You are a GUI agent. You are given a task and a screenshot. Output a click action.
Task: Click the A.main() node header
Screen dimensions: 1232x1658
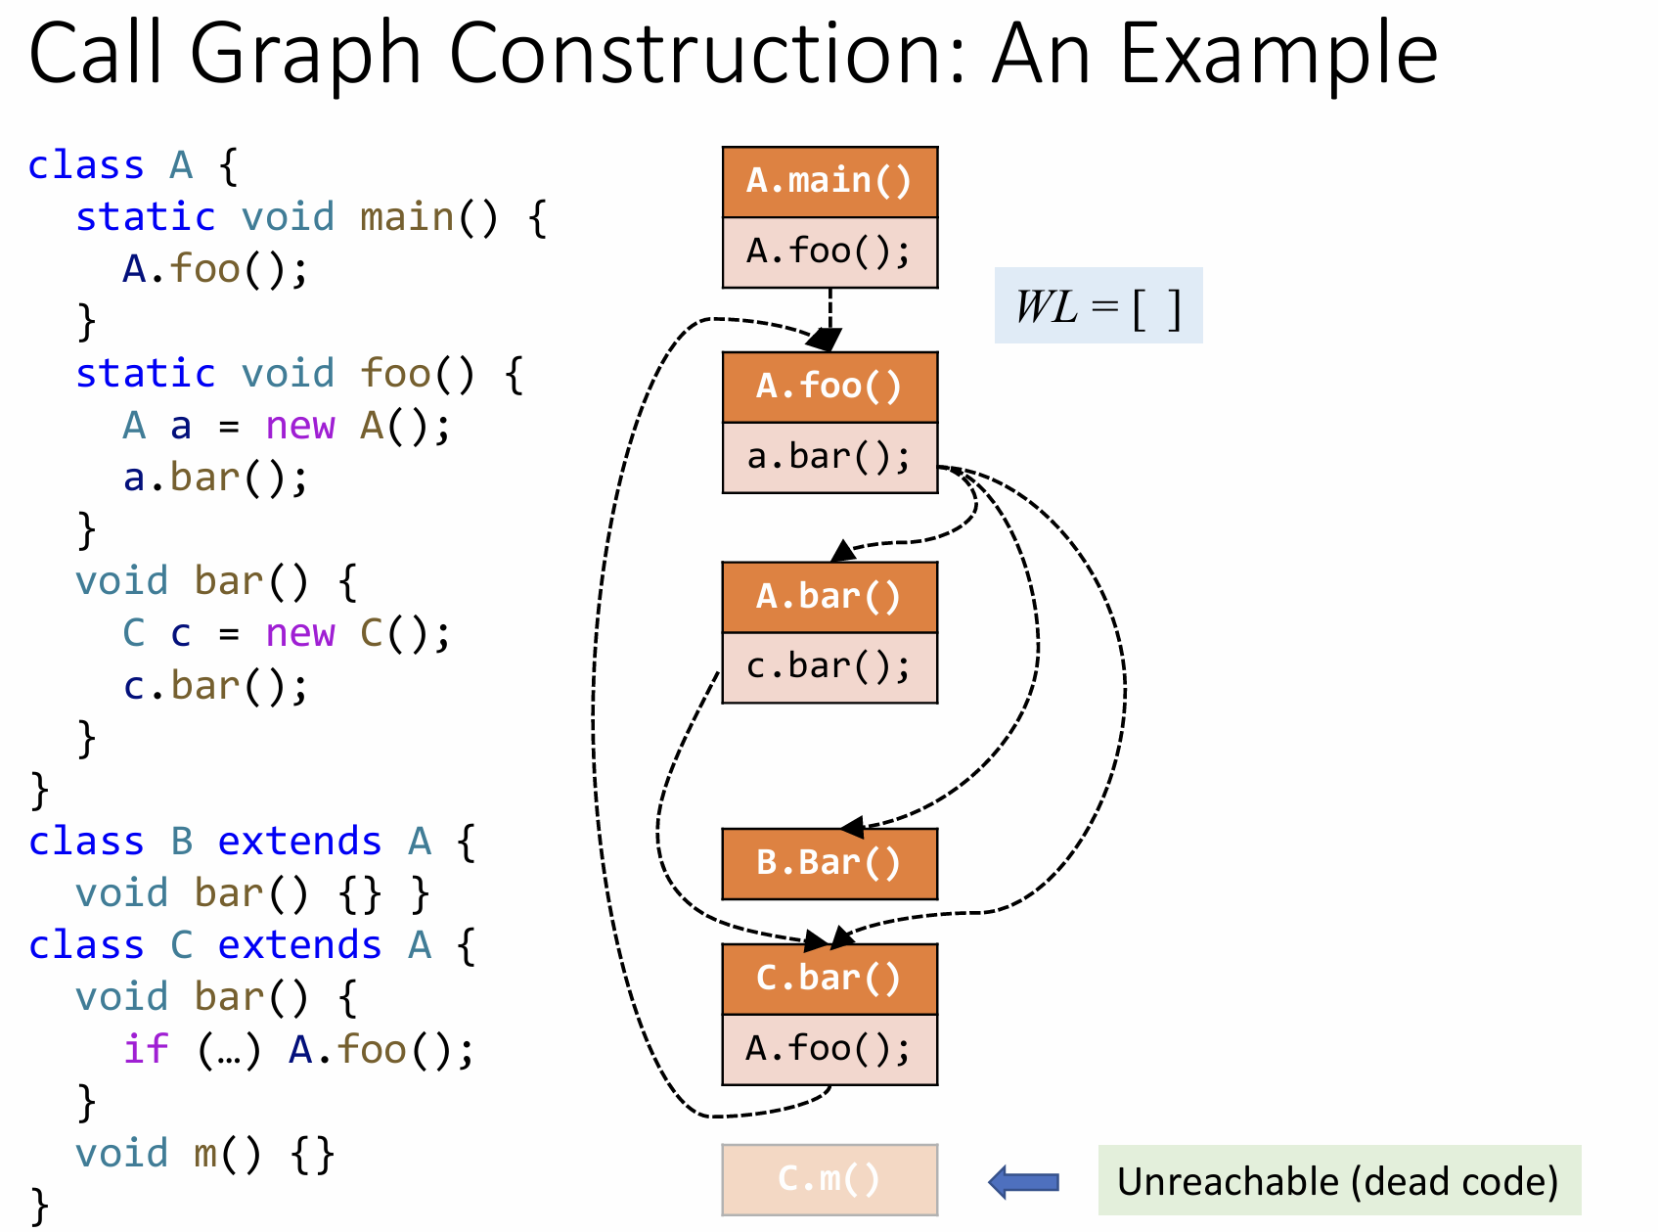[829, 182]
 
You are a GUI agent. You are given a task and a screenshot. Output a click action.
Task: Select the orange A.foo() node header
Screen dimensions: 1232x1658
[829, 387]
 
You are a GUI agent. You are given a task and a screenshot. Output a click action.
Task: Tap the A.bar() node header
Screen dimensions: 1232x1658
[829, 597]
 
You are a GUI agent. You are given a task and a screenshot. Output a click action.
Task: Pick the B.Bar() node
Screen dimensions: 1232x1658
[829, 863]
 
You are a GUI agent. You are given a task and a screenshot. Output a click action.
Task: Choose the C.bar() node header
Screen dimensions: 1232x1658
[829, 979]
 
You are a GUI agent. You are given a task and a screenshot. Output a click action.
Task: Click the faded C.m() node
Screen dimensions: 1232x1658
[829, 1179]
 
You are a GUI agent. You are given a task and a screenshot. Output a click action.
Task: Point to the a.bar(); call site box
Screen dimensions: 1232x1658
[829, 457]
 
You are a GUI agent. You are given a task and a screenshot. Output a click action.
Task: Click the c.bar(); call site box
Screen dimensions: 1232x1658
[829, 667]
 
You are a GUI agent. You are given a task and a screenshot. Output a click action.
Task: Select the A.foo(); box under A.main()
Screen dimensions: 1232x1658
[829, 252]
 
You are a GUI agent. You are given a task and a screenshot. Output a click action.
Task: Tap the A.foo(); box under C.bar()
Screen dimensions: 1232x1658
[829, 1049]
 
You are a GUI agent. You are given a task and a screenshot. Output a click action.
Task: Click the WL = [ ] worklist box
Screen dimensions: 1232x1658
[1098, 306]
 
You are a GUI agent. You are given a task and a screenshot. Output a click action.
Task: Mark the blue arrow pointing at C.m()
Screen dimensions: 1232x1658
[1024, 1181]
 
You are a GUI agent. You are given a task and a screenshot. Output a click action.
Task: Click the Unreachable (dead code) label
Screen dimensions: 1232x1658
[1338, 1181]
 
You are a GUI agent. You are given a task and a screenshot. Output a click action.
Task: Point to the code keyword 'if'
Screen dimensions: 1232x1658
[146, 1050]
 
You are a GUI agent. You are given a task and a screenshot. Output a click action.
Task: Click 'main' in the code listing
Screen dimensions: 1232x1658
[407, 217]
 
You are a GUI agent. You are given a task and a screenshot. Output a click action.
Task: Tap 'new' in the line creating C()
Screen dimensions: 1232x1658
[299, 634]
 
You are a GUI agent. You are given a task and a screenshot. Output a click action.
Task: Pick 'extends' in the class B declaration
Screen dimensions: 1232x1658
[299, 842]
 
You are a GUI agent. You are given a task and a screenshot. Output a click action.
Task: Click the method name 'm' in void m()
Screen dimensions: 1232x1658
[205, 1154]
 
